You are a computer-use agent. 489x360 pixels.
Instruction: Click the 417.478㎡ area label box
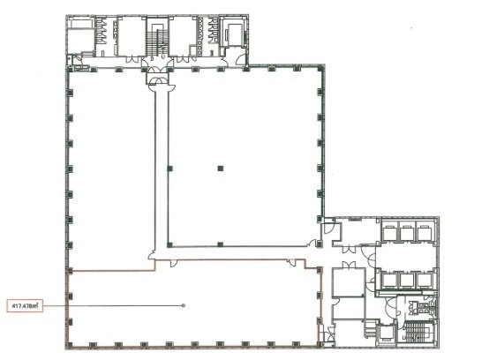point(25,306)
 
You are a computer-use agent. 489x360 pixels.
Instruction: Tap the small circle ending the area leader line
point(184,305)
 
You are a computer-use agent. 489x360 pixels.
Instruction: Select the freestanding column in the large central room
point(221,169)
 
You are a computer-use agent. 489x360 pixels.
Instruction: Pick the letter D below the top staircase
point(152,58)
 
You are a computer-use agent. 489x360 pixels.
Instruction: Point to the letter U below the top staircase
point(162,58)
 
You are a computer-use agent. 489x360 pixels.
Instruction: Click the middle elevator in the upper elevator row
point(407,233)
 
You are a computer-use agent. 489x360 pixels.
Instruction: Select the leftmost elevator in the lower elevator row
point(389,280)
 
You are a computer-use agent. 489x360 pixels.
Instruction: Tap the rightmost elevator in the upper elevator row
point(425,233)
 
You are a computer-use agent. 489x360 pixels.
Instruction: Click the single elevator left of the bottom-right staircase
point(386,334)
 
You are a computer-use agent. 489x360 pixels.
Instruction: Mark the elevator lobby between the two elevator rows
point(405,256)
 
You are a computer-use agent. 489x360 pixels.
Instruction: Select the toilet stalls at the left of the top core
point(101,31)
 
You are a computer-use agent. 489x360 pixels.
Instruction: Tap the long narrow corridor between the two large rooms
point(162,169)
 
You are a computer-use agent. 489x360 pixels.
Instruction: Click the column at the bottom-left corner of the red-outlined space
point(70,345)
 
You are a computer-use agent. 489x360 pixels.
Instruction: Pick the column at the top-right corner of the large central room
point(320,67)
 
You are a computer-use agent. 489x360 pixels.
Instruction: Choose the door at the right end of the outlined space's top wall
point(291,262)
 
